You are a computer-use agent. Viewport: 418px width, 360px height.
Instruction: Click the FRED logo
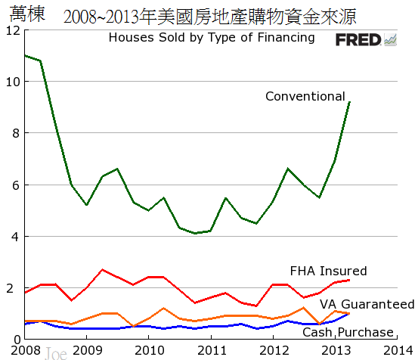click(366, 39)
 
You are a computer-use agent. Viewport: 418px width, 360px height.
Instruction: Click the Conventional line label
click(305, 96)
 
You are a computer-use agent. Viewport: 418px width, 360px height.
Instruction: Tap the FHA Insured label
click(328, 271)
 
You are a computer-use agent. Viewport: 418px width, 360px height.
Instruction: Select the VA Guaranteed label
click(367, 304)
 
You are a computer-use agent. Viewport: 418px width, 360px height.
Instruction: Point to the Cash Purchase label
click(348, 332)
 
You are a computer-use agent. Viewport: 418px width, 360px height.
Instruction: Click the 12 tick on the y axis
click(11, 30)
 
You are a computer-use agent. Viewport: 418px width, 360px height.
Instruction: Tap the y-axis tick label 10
click(11, 82)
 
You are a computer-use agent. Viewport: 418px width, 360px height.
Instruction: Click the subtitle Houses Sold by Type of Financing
click(212, 37)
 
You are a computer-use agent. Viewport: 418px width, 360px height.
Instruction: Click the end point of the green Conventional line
click(349, 102)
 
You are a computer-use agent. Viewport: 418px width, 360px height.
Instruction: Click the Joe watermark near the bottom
click(56, 352)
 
